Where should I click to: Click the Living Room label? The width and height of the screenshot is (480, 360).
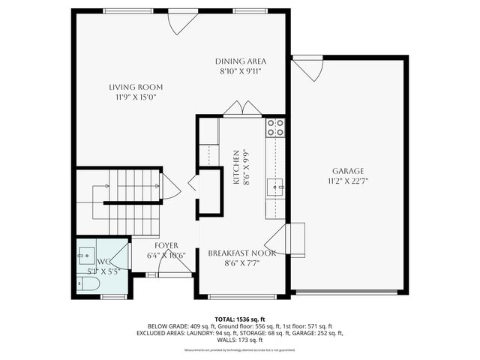pyautogui.click(x=135, y=86)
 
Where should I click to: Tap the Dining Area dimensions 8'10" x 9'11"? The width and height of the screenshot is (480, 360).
pyautogui.click(x=241, y=71)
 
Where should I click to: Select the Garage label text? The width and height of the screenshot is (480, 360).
pyautogui.click(x=348, y=170)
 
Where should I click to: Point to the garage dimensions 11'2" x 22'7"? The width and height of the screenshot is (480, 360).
pyautogui.click(x=348, y=181)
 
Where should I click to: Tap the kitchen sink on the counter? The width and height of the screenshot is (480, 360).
pyautogui.click(x=276, y=187)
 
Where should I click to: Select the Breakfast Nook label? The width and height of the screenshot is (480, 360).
pyautogui.click(x=241, y=253)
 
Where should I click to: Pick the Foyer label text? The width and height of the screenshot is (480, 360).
pyautogui.click(x=166, y=245)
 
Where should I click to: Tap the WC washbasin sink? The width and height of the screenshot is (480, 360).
pyautogui.click(x=83, y=254)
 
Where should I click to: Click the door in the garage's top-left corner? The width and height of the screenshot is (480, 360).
pyautogui.click(x=307, y=69)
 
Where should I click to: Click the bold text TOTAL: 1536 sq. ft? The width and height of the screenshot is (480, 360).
pyautogui.click(x=240, y=319)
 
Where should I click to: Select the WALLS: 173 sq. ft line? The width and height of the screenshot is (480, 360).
pyautogui.click(x=240, y=342)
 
